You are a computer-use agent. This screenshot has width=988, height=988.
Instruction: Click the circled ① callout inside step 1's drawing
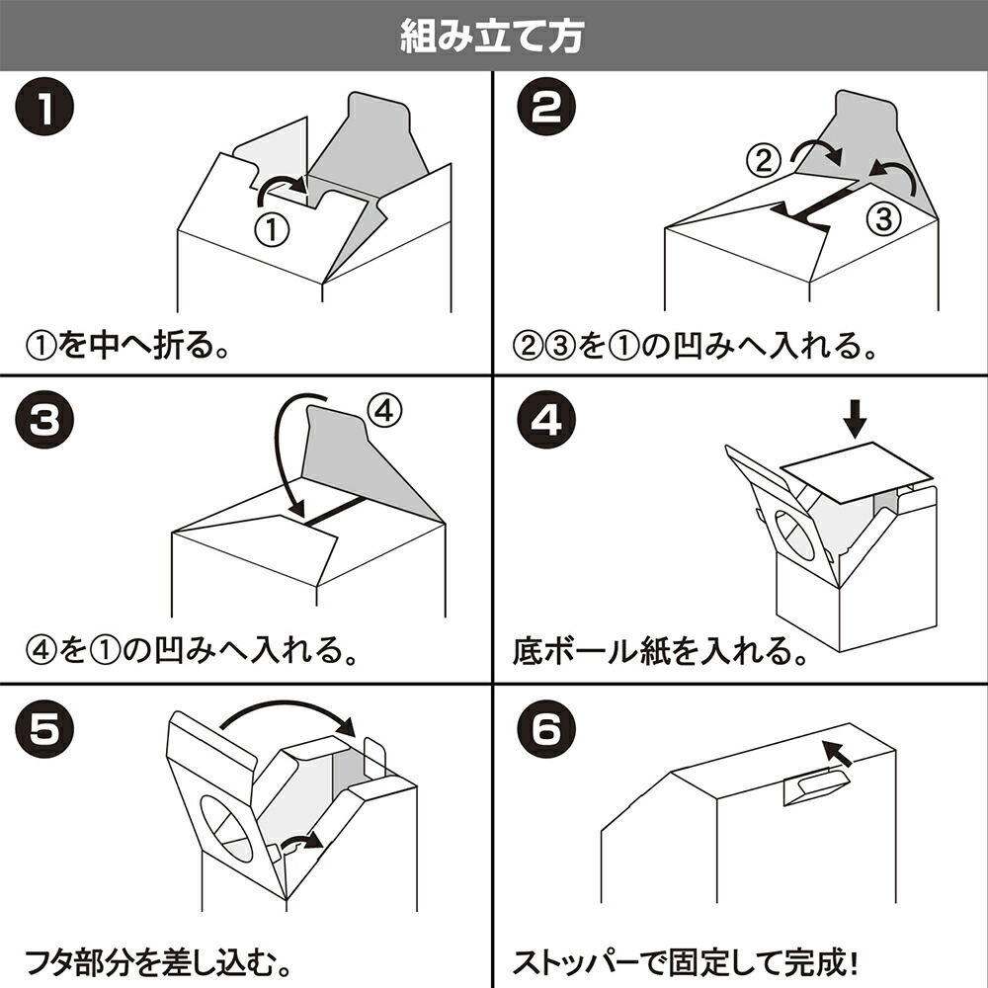pyautogui.click(x=272, y=229)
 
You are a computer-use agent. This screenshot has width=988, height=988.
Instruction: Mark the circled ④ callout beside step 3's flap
pyautogui.click(x=385, y=412)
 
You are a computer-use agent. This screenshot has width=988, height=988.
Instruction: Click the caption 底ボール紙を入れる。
pyautogui.click(x=658, y=651)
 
